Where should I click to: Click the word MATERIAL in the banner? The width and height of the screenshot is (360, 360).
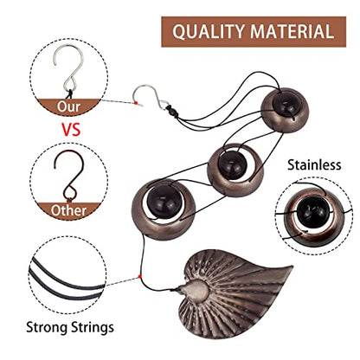click(x=292, y=31)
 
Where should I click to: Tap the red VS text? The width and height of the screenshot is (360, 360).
click(x=71, y=129)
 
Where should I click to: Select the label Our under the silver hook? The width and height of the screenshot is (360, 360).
click(x=68, y=106)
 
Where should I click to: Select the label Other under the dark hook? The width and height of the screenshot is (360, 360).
click(x=68, y=210)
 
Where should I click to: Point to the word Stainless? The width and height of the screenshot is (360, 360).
click(x=314, y=165)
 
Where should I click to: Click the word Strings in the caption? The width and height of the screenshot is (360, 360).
click(x=93, y=328)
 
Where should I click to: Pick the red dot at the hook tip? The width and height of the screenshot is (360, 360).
click(x=136, y=103)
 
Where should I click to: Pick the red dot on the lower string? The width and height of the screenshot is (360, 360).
click(x=140, y=277)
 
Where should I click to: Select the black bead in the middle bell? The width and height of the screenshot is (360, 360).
click(x=232, y=165)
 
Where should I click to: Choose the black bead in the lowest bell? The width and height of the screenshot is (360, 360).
click(x=164, y=202)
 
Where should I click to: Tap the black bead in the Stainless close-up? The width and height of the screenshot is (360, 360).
click(x=313, y=211)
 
